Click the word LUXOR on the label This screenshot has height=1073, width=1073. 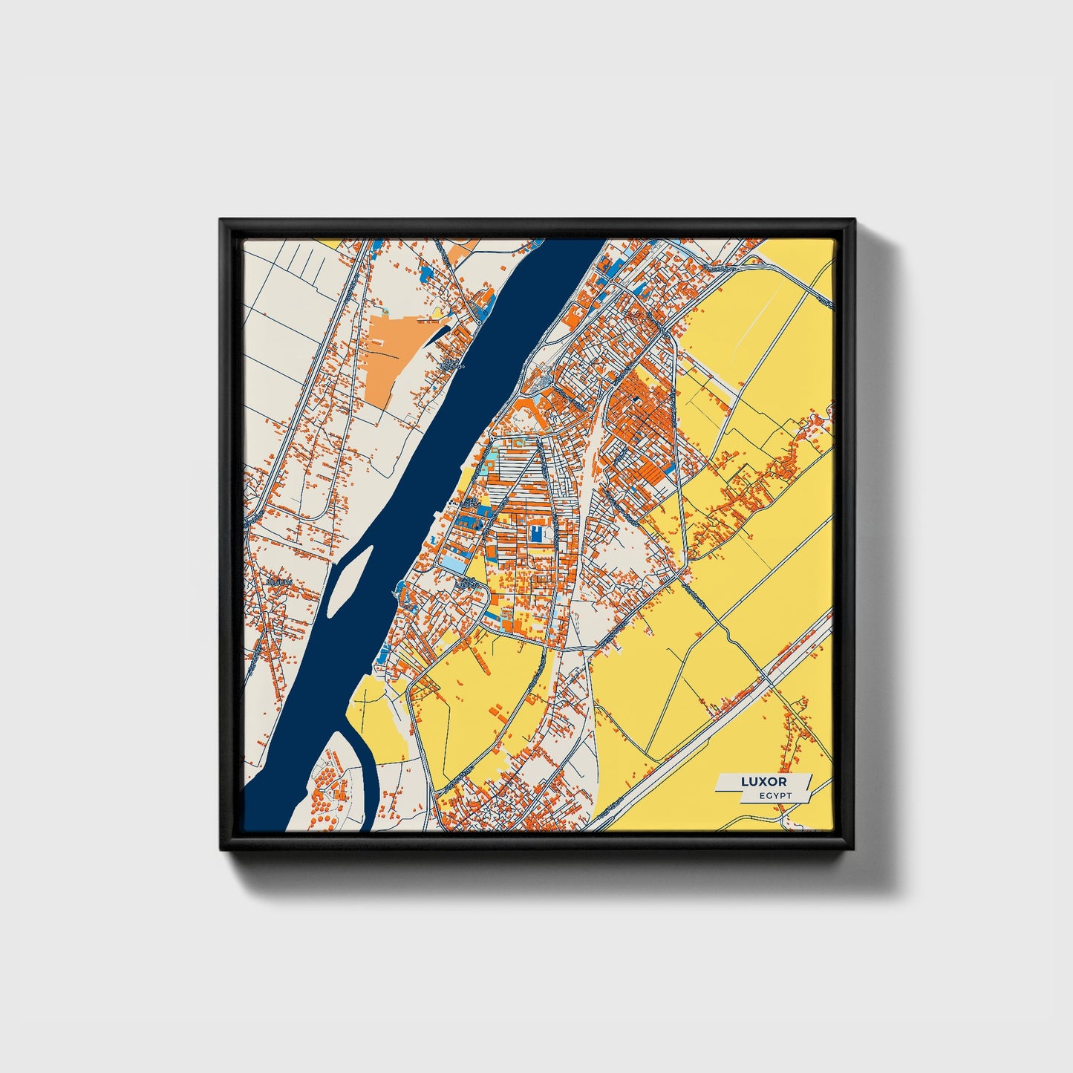(763, 782)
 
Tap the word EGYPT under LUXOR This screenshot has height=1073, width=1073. (775, 796)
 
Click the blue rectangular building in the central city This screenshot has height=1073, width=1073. (536, 533)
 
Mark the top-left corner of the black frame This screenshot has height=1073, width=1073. (221, 221)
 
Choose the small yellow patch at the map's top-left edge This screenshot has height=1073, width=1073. (330, 242)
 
